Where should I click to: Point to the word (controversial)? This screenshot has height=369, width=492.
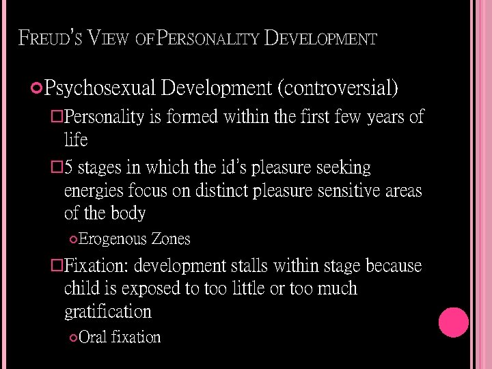(x=338, y=88)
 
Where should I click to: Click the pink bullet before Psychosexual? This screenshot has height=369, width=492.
(x=38, y=87)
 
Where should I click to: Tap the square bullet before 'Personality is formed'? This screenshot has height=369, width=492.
(x=58, y=117)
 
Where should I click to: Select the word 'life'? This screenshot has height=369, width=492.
(x=76, y=140)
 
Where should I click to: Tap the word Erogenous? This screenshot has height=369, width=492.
(x=113, y=239)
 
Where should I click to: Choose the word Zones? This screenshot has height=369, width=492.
(x=171, y=239)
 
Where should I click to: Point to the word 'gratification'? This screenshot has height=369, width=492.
(x=107, y=312)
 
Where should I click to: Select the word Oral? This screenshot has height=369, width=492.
(x=92, y=337)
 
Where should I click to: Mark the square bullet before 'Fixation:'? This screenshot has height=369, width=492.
(x=58, y=265)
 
